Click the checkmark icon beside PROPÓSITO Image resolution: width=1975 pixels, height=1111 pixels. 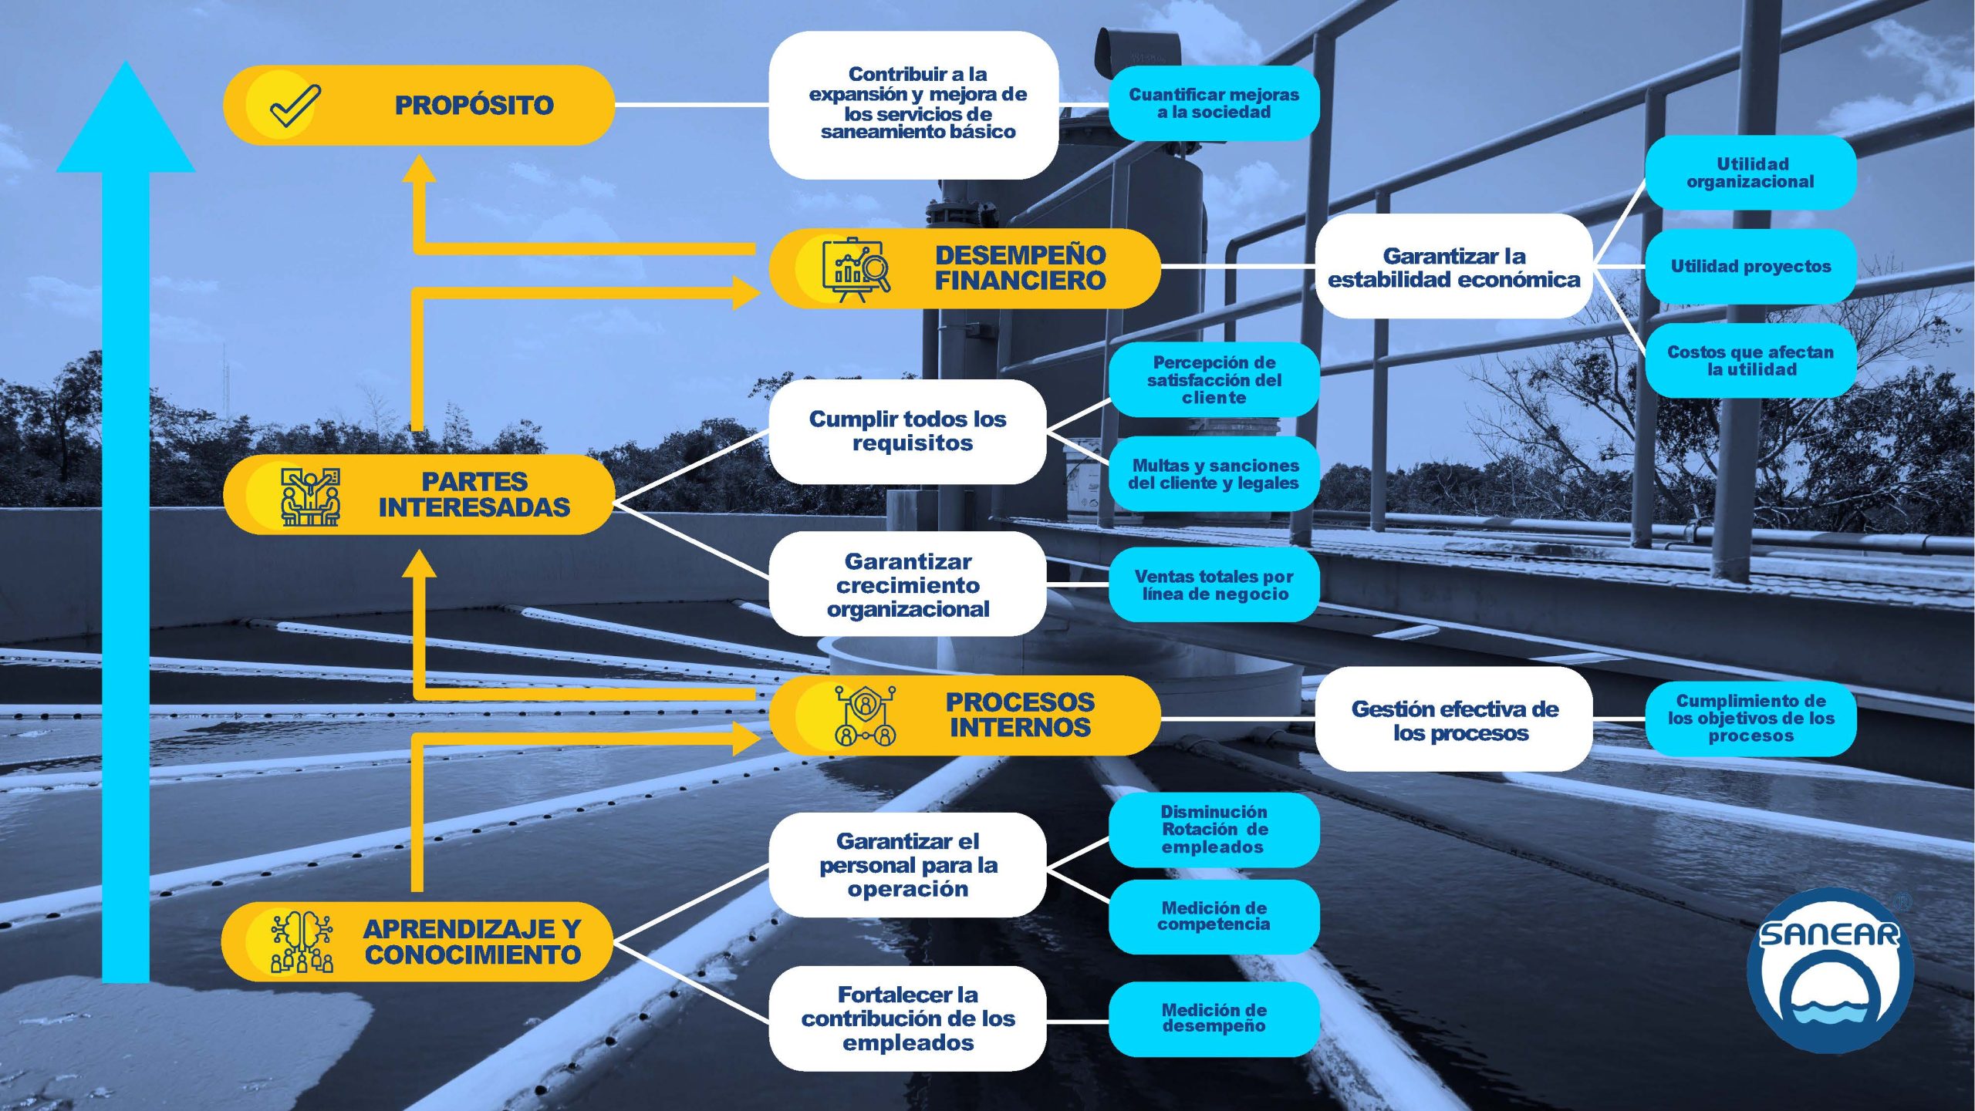[x=294, y=106]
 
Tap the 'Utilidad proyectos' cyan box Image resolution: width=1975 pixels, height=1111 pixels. [x=1750, y=266]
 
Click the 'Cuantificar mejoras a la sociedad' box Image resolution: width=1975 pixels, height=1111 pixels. [x=1214, y=103]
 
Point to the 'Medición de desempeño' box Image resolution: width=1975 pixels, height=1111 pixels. [x=1214, y=1018]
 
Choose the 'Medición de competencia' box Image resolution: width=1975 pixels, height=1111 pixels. [x=1214, y=916]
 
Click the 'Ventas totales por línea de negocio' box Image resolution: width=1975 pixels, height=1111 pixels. [x=1214, y=584]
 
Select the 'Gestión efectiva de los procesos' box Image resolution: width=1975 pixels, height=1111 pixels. [x=1454, y=719]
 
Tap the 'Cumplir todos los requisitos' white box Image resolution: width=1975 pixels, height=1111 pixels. [x=908, y=431]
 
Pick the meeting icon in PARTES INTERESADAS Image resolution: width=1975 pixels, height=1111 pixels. [x=309, y=496]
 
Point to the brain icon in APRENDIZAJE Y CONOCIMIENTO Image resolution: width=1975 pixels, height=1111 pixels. [x=302, y=941]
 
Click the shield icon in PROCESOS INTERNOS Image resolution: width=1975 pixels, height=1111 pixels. [x=865, y=715]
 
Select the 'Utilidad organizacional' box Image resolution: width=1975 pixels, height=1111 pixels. [x=1750, y=173]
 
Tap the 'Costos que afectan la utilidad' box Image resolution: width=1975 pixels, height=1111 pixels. [x=1750, y=360]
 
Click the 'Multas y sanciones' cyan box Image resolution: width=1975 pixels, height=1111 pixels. [x=1214, y=474]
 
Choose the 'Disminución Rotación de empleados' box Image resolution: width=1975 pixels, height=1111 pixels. [x=1214, y=830]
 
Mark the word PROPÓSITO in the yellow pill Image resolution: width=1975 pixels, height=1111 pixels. [x=474, y=106]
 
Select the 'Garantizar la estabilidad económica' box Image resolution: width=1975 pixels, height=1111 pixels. [x=1453, y=267]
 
